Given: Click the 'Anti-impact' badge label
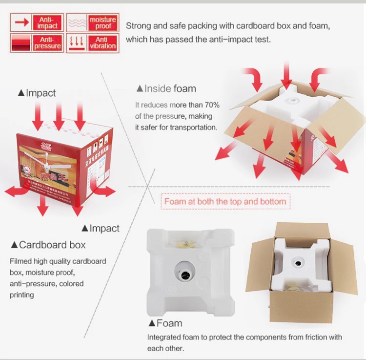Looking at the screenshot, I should click(x=48, y=22).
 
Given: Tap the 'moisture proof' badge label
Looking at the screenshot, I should click(x=103, y=22).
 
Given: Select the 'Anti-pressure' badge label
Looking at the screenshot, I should click(x=48, y=42).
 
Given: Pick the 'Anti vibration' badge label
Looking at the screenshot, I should click(x=103, y=42).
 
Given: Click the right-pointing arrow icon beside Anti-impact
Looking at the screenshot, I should click(x=21, y=22).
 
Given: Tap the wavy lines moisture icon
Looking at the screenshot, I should click(x=76, y=22).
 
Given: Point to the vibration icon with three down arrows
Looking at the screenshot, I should click(x=76, y=42).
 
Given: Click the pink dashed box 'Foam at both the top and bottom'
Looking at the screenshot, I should click(x=225, y=201).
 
